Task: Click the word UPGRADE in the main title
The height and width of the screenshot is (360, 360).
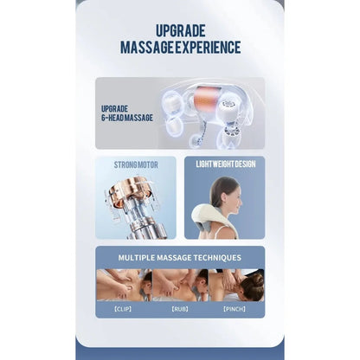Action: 181,30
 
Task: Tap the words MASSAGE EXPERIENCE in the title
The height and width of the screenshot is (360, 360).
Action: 181,48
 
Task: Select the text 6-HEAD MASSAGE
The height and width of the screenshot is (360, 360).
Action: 127,118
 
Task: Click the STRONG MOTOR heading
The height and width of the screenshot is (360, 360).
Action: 136,164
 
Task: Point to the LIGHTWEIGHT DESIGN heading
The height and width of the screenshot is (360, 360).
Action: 226,164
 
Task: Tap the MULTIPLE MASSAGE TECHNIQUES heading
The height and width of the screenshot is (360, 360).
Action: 180,258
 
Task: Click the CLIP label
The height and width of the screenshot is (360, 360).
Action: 123,309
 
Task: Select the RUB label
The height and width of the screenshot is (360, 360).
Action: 180,309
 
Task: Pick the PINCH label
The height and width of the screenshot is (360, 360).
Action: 235,309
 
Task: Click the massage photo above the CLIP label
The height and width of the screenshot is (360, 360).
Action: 125,285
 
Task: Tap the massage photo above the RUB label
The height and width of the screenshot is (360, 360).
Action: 180,285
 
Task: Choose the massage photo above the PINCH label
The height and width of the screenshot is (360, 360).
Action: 236,285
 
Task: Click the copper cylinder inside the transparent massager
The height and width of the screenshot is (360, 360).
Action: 206,98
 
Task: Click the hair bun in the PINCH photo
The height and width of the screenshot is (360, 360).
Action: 258,279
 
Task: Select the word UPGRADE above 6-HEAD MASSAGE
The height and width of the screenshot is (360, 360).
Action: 114,109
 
